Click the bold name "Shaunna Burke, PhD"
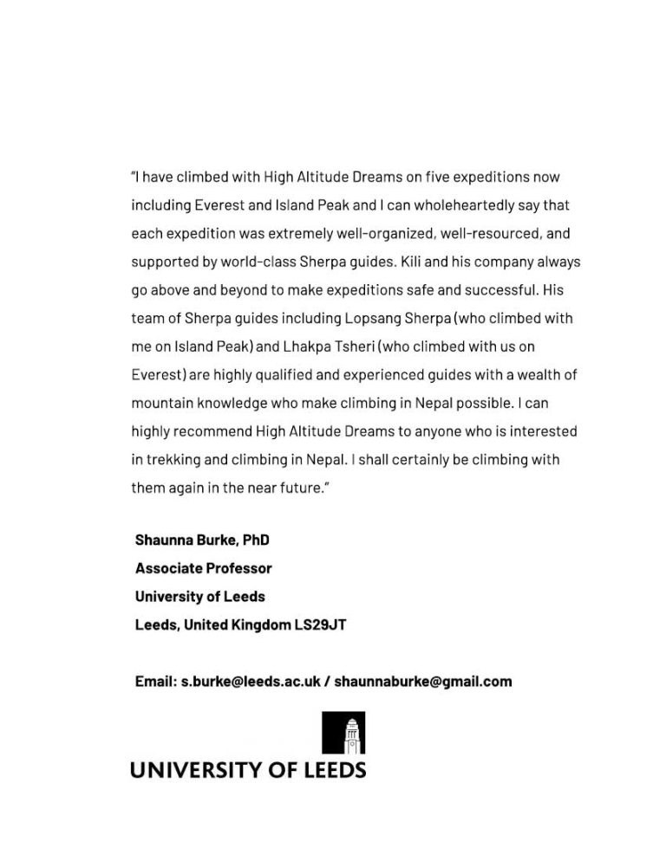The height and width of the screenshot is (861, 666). [x=202, y=540]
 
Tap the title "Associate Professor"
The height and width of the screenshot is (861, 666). [x=204, y=568]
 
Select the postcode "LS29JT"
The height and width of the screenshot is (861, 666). [x=320, y=625]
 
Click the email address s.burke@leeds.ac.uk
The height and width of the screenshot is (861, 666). [x=250, y=681]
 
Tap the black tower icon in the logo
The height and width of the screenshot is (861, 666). [x=343, y=733]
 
